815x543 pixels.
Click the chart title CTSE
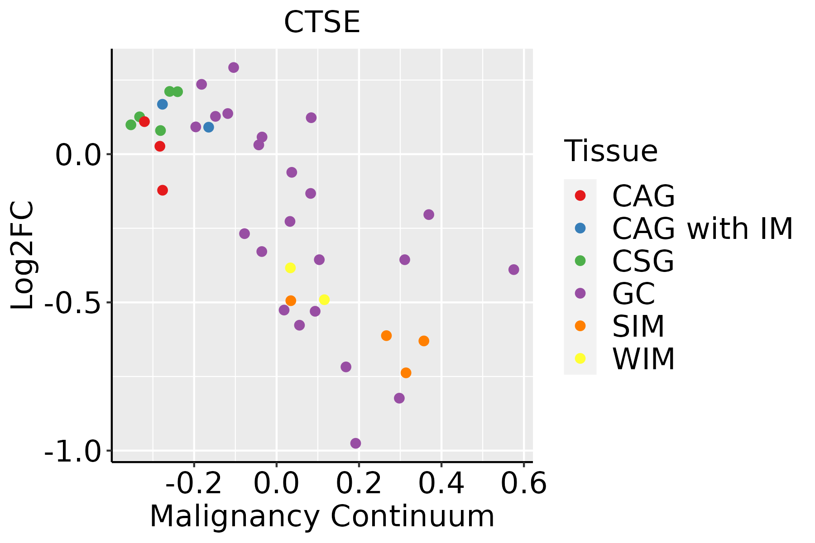point(322,22)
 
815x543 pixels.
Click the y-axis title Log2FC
point(23,256)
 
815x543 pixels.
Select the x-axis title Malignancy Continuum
point(322,516)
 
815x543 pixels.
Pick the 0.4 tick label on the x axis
point(441,484)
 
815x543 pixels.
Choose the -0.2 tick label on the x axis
point(194,484)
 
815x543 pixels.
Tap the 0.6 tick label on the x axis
point(523,484)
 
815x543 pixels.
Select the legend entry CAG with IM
point(702,229)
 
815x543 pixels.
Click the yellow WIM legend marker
point(580,358)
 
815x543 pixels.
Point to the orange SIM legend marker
point(580,326)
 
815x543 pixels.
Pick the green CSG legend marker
point(580,261)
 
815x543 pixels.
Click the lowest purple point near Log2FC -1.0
point(355,443)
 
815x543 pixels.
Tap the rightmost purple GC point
point(513,270)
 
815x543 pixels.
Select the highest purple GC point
point(234,67)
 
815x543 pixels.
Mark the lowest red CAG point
point(163,190)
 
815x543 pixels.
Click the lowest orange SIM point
point(406,373)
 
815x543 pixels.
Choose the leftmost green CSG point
point(131,125)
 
